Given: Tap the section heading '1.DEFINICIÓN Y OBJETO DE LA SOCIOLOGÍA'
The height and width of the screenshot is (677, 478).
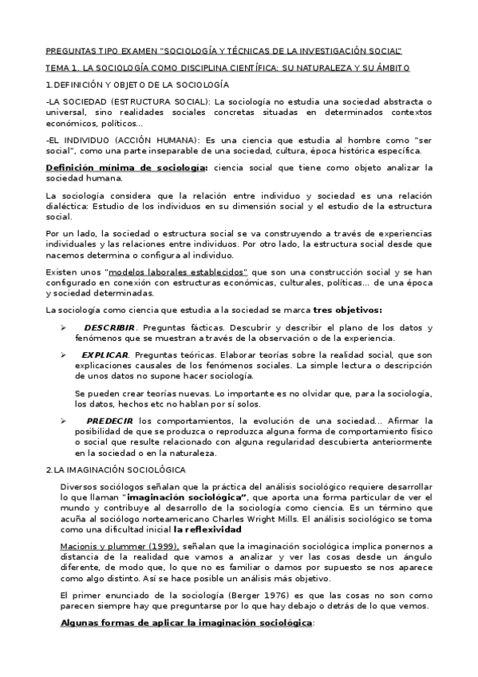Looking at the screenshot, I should point(137,84).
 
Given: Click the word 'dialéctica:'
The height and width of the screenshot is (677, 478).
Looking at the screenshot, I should point(68,206).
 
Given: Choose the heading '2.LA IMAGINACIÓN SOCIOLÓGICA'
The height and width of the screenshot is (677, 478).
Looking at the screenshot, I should point(116,469).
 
